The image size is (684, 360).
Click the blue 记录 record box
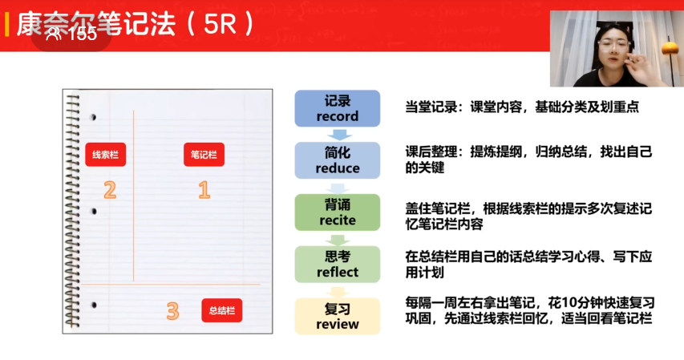coord(338,108)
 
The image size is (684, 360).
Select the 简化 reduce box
coord(338,160)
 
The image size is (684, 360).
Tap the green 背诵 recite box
coord(338,212)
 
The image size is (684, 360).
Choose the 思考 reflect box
coord(338,264)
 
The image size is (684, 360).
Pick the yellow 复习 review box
coord(338,317)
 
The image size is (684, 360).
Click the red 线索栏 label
coord(106,155)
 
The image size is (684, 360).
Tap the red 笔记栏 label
coord(204,155)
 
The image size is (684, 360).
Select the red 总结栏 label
coord(222,310)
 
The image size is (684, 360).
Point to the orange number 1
coord(204,190)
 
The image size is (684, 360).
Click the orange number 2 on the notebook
coord(110,190)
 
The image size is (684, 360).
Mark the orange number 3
coord(172,311)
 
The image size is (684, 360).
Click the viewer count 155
coord(83,34)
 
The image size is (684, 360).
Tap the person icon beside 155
coord(54,34)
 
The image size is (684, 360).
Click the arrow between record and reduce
coord(339,135)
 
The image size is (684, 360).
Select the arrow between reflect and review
coord(338,292)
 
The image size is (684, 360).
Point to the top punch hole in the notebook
coord(93,117)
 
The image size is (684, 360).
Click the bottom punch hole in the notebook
coord(93,305)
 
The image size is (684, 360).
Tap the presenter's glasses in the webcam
coord(613,44)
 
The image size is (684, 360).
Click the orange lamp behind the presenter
coord(670,48)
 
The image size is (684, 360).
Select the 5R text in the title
coord(220,24)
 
